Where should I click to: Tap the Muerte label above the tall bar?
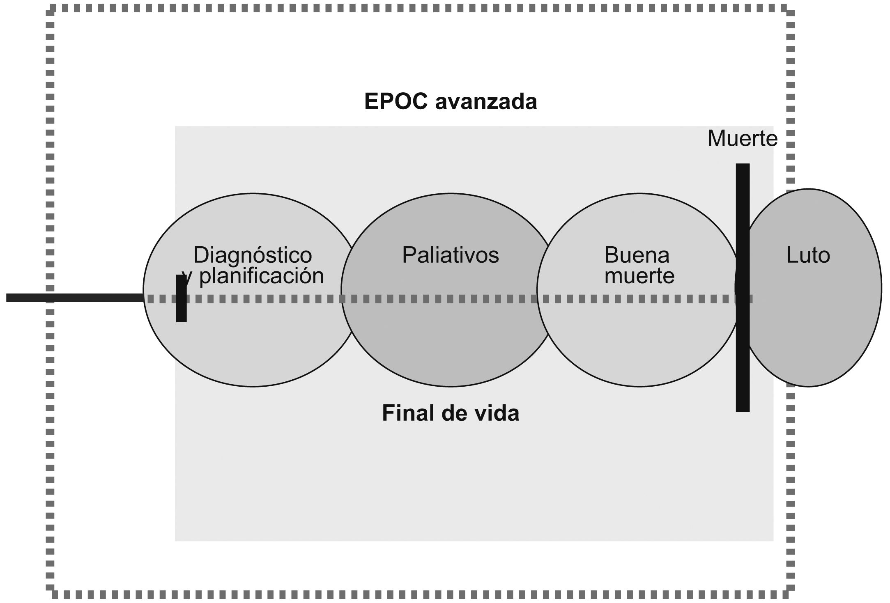[742, 139]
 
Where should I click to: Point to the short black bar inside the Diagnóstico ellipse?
[181, 312]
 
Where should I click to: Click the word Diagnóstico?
[253, 255]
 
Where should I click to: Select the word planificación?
[262, 276]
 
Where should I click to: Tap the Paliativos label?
[450, 255]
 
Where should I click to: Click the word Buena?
[637, 255]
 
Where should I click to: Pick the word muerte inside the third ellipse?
[639, 276]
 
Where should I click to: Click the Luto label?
[808, 255]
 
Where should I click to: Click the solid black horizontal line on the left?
[74, 298]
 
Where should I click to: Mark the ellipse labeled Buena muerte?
[639, 341]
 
